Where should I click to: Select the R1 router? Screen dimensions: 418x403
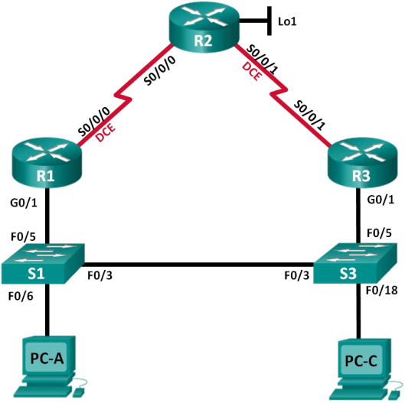click(x=47, y=163)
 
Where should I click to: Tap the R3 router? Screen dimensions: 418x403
click(x=363, y=163)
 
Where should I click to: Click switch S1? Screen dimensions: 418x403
click(x=43, y=264)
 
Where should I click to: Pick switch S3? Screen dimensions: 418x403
click(x=355, y=263)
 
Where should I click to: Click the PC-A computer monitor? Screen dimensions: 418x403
click(x=48, y=357)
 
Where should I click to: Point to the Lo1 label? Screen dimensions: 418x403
click(x=287, y=21)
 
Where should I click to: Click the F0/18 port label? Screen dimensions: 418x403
click(x=381, y=291)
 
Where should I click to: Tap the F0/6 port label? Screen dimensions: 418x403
click(x=21, y=296)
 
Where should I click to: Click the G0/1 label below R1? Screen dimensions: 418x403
click(x=24, y=203)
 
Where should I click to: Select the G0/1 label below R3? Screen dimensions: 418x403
click(x=380, y=200)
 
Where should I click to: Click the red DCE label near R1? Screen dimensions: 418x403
click(x=106, y=132)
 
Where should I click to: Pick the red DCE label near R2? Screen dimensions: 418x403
click(x=252, y=71)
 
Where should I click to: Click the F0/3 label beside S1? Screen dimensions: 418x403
click(x=100, y=275)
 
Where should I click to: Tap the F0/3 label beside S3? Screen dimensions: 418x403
click(x=297, y=275)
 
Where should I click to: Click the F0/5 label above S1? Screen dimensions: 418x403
click(x=23, y=236)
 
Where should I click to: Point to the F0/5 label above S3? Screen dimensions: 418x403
click(x=379, y=233)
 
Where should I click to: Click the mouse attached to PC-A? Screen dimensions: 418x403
click(x=77, y=392)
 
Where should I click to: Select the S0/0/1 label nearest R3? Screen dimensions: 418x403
click(x=309, y=115)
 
